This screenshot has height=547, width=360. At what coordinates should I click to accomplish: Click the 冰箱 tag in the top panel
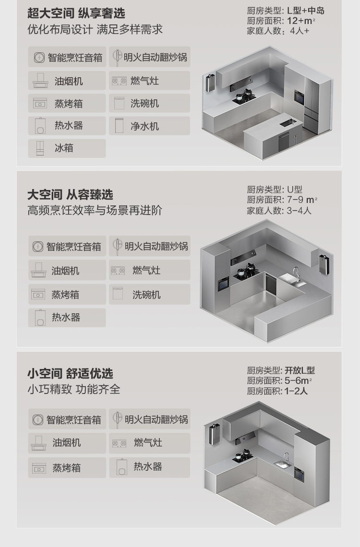click(67, 148)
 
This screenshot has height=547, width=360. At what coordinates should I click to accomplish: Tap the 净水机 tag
click(149, 126)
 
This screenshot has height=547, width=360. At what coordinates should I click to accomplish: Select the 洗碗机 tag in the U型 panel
click(149, 295)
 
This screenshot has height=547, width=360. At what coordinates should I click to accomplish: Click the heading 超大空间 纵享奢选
click(76, 13)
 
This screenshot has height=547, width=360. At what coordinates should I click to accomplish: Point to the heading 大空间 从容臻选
click(70, 195)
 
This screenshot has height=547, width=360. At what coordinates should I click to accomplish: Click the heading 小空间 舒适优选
click(70, 374)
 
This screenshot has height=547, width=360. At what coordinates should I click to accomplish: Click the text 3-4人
click(299, 210)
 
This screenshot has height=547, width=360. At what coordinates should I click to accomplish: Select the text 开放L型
click(300, 370)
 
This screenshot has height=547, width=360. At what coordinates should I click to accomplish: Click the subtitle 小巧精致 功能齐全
click(73, 389)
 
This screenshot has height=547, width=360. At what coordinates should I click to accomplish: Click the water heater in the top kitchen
click(210, 83)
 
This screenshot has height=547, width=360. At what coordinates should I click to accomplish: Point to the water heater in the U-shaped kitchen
click(324, 265)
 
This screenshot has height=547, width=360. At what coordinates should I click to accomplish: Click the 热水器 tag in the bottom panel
click(149, 467)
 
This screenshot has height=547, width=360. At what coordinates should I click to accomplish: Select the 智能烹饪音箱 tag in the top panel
click(67, 57)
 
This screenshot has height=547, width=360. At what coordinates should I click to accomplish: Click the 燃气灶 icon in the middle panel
click(118, 270)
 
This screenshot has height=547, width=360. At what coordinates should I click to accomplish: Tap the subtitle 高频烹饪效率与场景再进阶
click(95, 210)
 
